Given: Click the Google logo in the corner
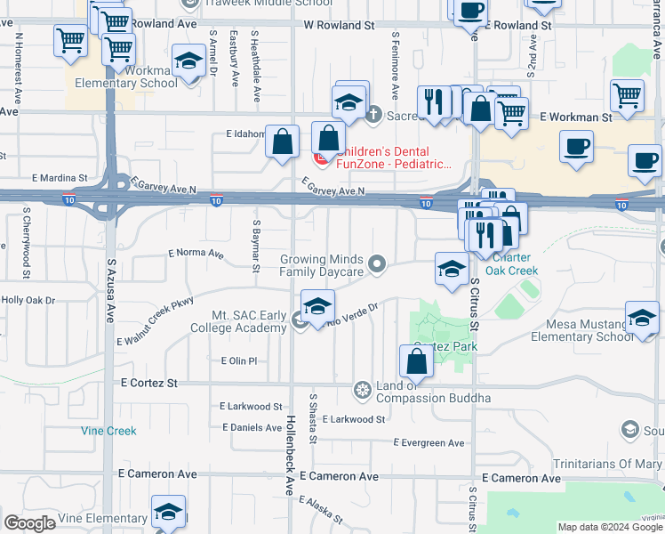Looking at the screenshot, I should pos(29,523).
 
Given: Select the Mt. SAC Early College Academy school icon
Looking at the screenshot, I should pos(316,307).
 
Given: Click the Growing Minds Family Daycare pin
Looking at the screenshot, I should pos(378,263).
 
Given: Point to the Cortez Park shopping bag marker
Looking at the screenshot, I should pos(417,361).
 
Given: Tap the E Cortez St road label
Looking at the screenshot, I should pos(148,382).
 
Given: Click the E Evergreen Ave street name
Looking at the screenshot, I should pos(429,442).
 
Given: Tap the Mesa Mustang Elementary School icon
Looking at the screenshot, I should pos(642,319).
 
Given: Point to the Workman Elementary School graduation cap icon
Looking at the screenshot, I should pos(188,63).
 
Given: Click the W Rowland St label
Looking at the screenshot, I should pos(339,27).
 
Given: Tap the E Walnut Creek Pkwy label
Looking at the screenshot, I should pos(155,328).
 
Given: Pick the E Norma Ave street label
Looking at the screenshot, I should pos(196,253).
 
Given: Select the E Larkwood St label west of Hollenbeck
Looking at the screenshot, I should pos(251,406).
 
